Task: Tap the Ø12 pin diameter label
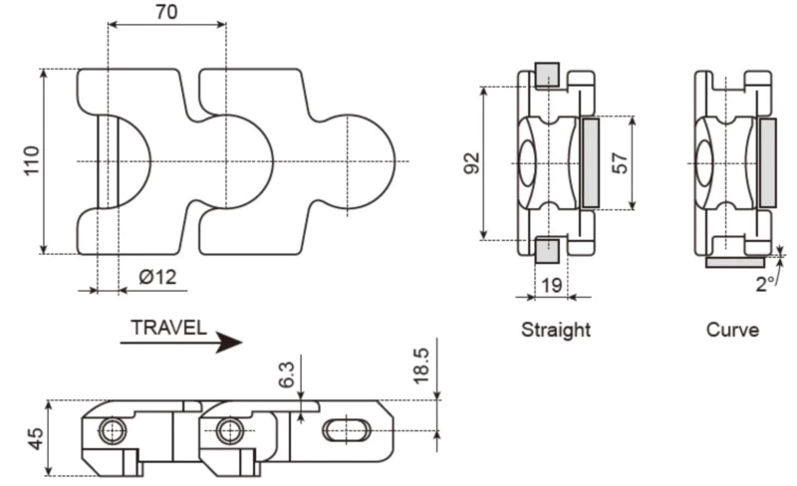[157, 278]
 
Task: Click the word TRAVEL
[169, 327]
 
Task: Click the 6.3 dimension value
[287, 375]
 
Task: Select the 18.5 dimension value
[422, 366]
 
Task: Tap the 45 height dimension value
[35, 439]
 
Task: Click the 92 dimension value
[472, 162]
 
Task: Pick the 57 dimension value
[620, 162]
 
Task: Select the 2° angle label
[765, 284]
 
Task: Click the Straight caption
[556, 330]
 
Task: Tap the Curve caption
[732, 330]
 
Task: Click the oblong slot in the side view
[346, 430]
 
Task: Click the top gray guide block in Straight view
[547, 75]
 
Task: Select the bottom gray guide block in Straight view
[547, 250]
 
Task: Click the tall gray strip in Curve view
[767, 162]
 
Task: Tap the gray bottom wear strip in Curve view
[735, 262]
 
